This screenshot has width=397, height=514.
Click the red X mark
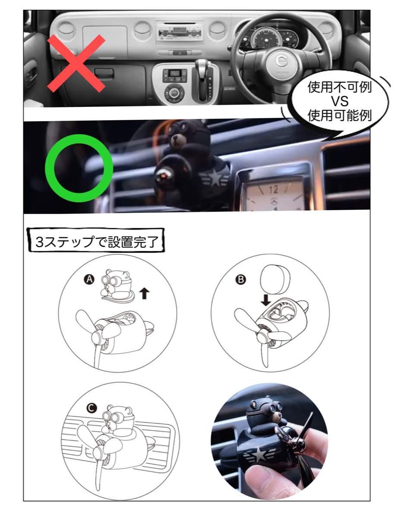[76, 63]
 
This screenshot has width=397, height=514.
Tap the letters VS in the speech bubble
[340, 101]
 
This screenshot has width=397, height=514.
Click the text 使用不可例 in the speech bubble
[340, 87]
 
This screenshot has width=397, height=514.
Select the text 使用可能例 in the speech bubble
[340, 115]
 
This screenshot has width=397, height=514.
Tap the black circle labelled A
[89, 280]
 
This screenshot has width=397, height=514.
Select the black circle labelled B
[241, 280]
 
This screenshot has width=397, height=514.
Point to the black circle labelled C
[91, 408]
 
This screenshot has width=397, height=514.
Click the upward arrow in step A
[145, 293]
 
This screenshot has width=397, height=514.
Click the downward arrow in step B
[266, 299]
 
